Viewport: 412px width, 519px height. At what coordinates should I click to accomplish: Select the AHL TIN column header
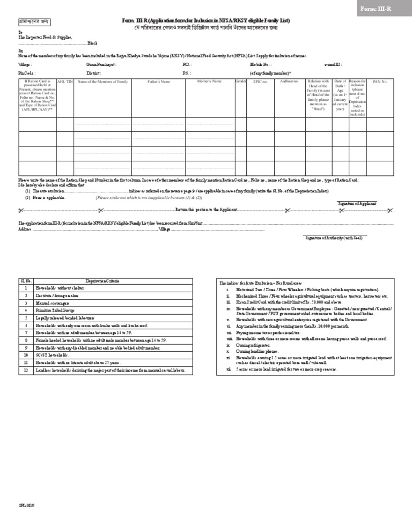click(65, 82)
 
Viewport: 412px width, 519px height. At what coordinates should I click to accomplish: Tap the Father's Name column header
click(159, 82)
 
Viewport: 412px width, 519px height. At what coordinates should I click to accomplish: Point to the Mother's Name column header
click(209, 81)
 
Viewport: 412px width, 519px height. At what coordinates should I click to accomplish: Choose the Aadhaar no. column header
click(289, 81)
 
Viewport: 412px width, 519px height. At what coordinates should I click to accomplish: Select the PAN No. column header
click(380, 82)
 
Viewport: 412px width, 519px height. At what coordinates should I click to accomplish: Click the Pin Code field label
click(26, 72)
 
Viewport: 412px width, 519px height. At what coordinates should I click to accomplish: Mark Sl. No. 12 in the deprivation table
click(26, 370)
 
